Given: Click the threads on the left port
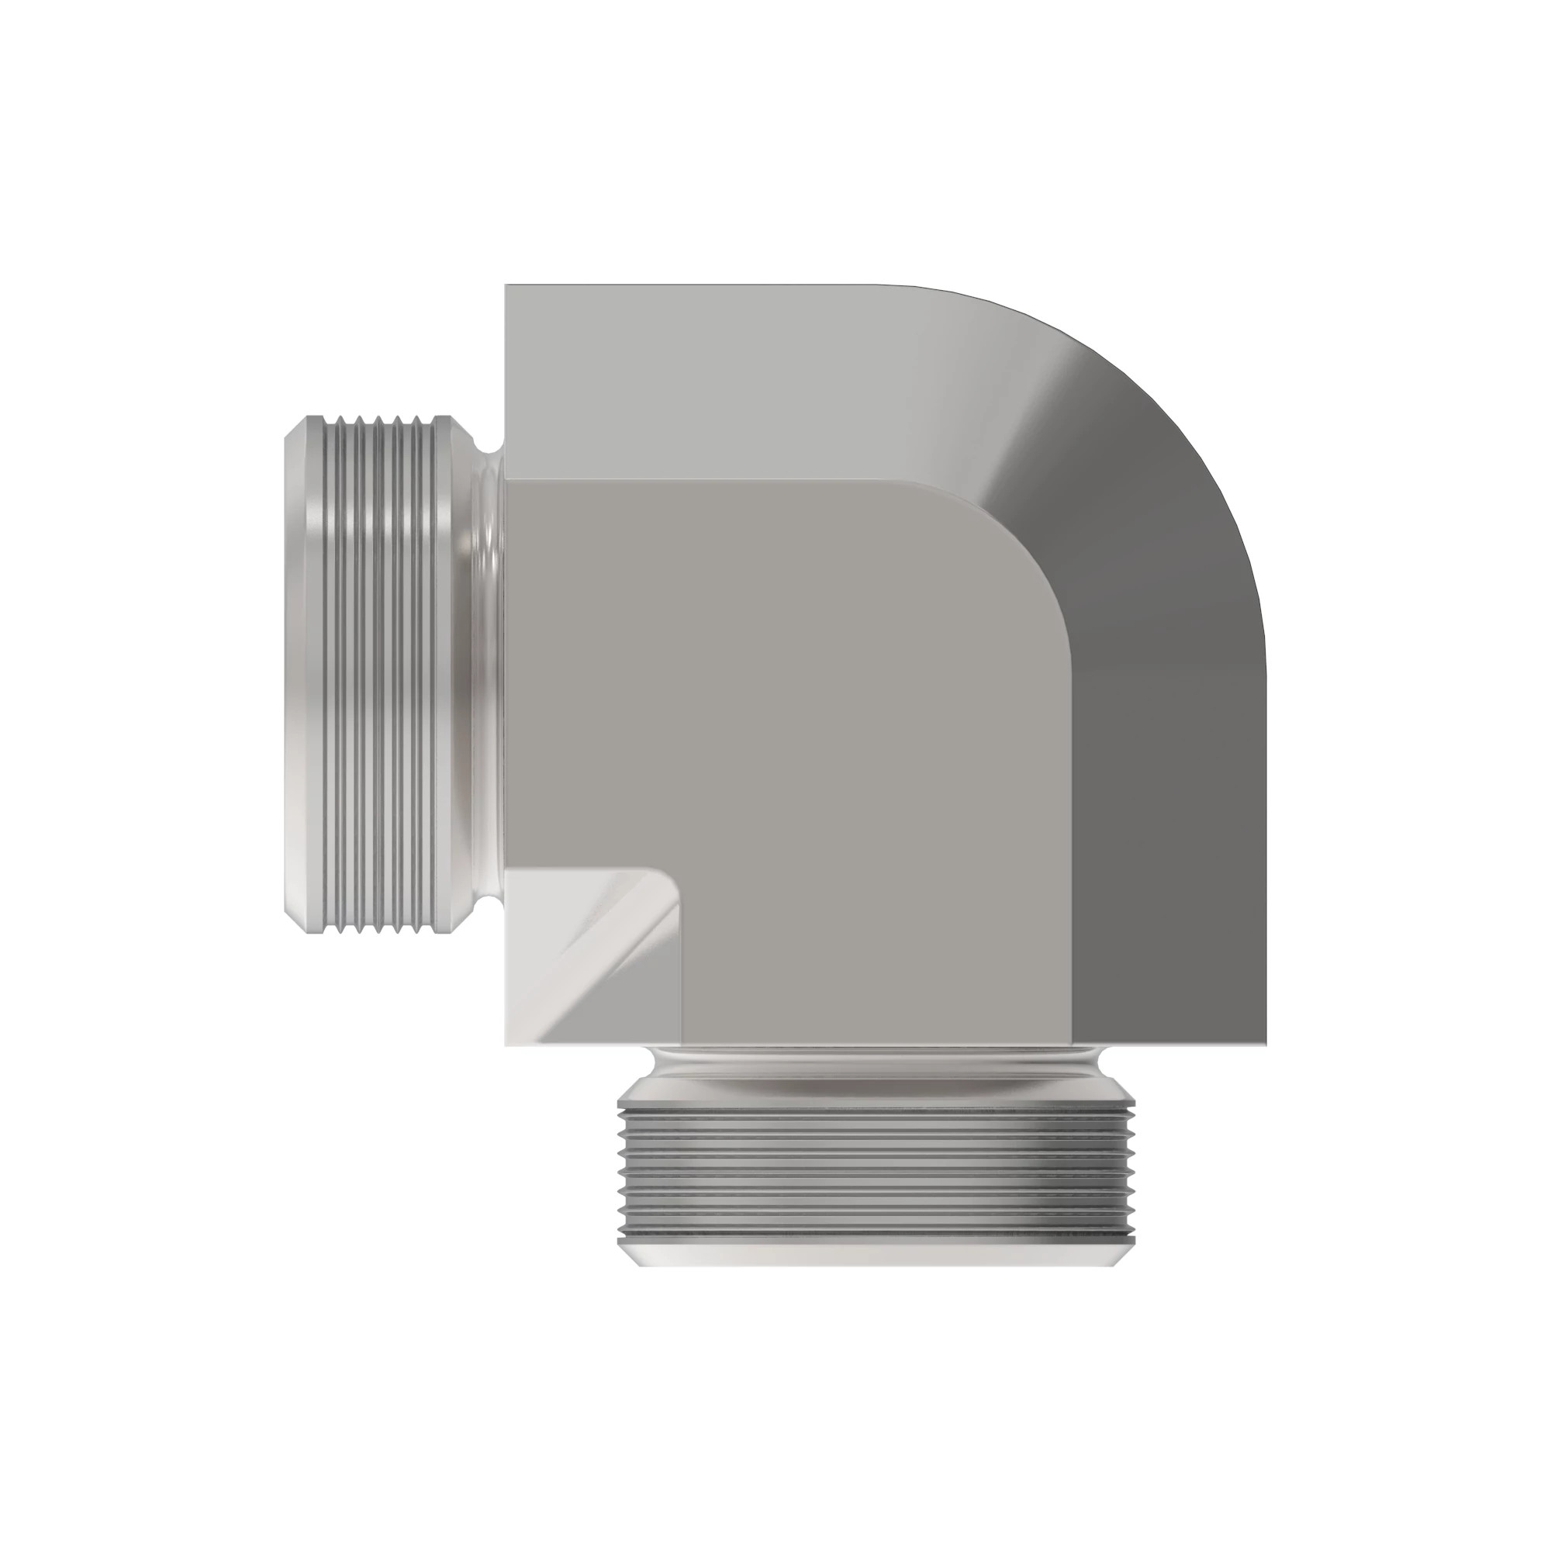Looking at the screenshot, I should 378,675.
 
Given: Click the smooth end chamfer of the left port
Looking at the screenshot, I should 294,675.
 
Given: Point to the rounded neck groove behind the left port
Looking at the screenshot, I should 489,675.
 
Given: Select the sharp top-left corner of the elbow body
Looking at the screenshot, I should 506,286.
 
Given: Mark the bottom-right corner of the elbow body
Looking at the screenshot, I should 1265,1045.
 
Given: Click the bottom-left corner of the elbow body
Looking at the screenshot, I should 506,1045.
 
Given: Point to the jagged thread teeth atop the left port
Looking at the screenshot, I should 378,419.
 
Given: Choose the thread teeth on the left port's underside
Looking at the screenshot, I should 378,931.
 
